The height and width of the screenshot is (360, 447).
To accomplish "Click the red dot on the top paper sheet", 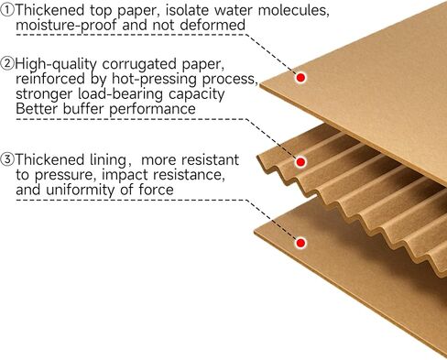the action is pyautogui.click(x=300, y=78).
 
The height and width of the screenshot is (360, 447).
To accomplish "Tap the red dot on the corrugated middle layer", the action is pyautogui.click(x=300, y=161).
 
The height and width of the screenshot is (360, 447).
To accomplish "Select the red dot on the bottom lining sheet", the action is pyautogui.click(x=300, y=243).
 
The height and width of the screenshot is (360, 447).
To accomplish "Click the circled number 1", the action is pyautogui.click(x=8, y=11).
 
